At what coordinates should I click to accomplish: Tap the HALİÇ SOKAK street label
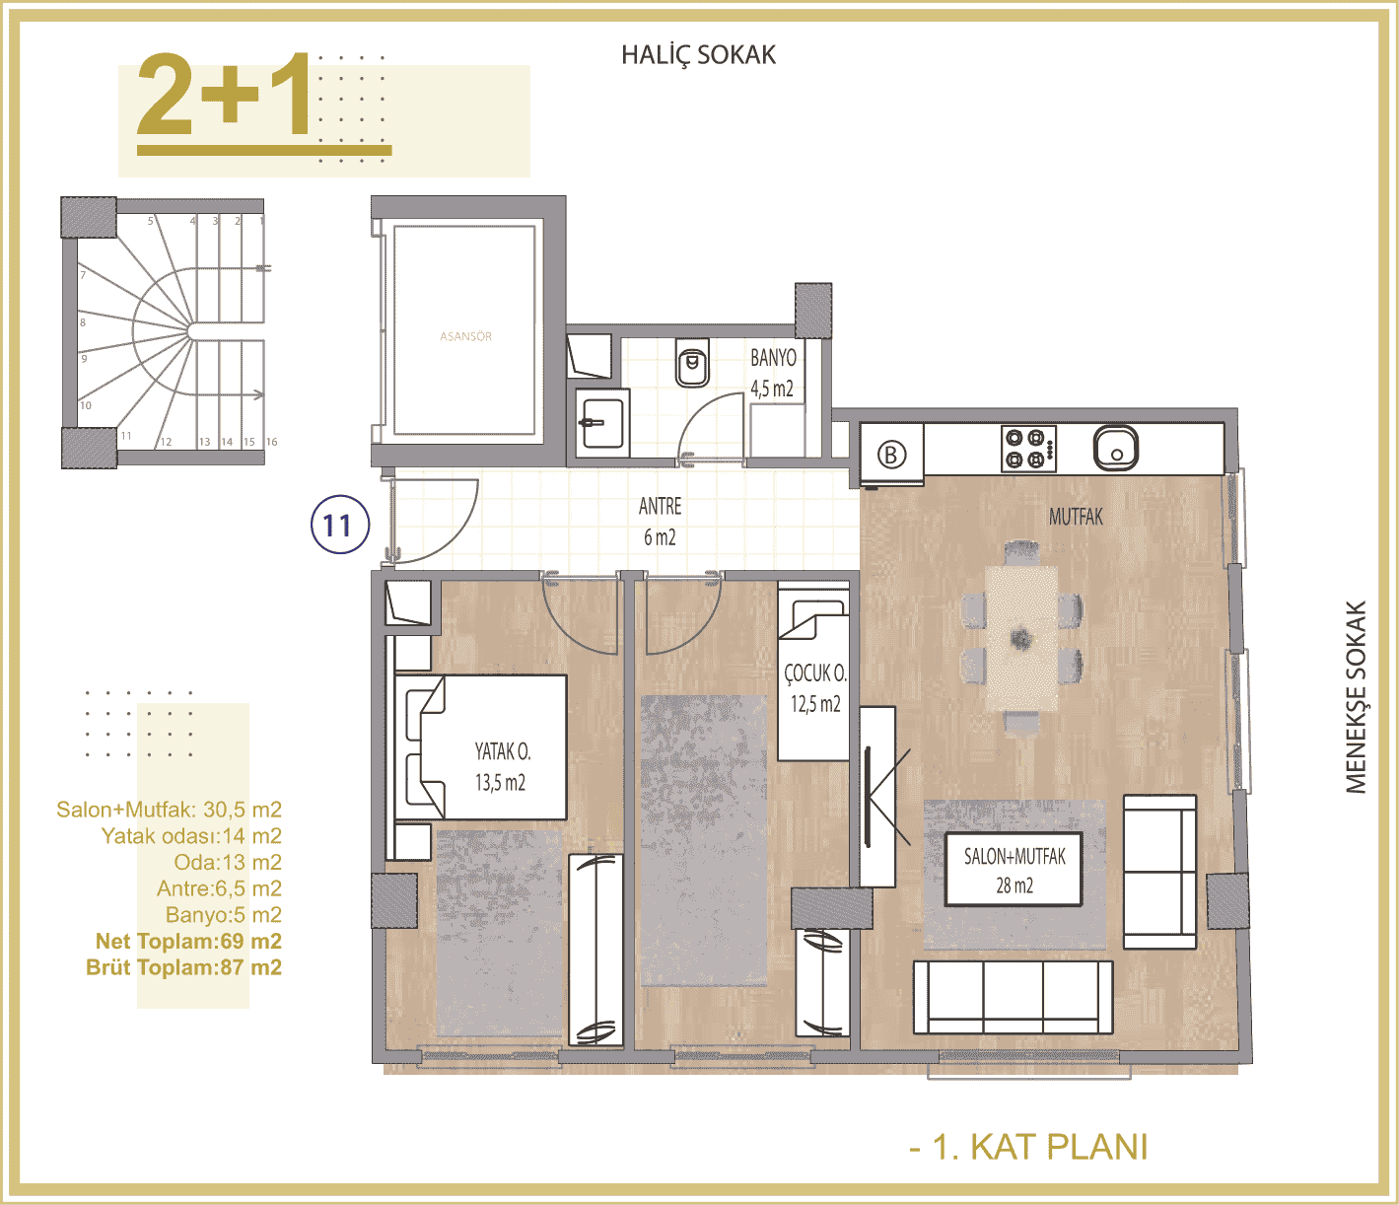(698, 55)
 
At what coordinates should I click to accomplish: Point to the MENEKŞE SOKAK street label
(1357, 697)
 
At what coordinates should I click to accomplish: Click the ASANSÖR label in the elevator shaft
(465, 336)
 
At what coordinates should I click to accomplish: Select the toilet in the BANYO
(693, 363)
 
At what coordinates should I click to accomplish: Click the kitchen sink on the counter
(1116, 449)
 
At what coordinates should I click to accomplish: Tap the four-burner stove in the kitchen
(1028, 449)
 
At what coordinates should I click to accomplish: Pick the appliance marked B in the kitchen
(891, 455)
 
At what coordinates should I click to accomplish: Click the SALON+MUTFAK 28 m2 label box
(1014, 870)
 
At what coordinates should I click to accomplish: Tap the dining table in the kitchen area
(1021, 637)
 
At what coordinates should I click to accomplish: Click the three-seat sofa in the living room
(1013, 997)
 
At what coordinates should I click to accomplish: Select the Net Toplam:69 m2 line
(188, 941)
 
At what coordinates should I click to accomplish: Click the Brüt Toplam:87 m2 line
(183, 967)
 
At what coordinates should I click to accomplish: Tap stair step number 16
(272, 442)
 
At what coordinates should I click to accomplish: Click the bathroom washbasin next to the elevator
(601, 422)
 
